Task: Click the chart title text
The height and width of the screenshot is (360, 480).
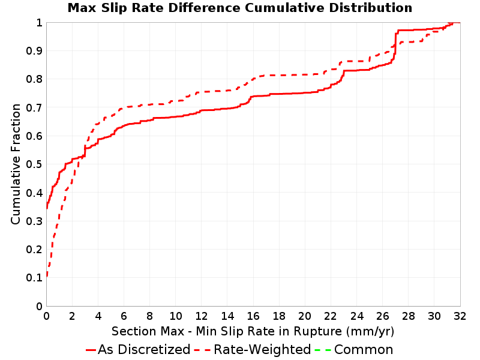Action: click(240, 8)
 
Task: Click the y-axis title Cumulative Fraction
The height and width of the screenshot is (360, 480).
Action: click(16, 164)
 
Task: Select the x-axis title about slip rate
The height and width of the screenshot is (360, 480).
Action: click(253, 331)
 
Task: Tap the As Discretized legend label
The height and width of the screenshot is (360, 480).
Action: click(144, 349)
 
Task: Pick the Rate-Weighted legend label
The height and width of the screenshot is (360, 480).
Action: click(262, 349)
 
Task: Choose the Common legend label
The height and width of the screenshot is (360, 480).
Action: click(364, 349)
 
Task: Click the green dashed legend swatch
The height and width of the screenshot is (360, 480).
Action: click(323, 350)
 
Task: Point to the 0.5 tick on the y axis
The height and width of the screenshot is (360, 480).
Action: click(34, 164)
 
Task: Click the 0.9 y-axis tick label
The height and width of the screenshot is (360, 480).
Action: click(34, 50)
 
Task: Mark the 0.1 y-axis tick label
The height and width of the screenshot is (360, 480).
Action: click(34, 278)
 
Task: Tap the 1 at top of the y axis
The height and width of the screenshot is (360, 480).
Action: click(39, 23)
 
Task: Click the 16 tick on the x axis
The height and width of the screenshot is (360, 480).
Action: click(253, 316)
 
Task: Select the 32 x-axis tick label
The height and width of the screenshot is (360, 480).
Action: click(460, 316)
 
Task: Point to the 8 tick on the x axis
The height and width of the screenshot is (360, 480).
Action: click(149, 316)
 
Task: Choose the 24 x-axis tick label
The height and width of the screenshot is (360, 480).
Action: click(356, 316)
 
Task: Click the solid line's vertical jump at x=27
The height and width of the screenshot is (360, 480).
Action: click(395, 43)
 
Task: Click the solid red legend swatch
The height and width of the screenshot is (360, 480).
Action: click(91, 350)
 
